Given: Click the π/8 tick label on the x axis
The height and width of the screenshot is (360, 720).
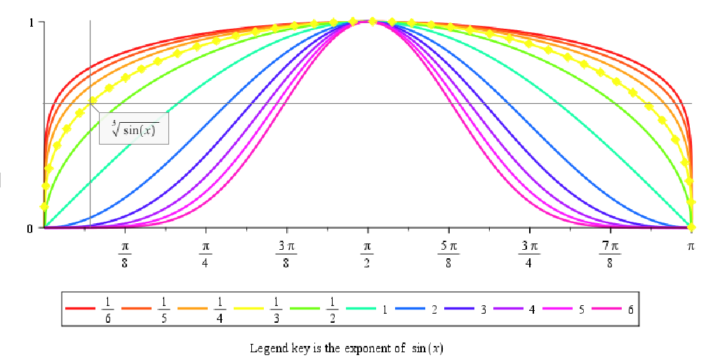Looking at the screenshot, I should pos(125,255).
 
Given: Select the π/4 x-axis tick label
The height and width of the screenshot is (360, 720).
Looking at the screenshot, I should pos(206,255).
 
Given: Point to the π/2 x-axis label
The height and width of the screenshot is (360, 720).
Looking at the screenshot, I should pos(366,255).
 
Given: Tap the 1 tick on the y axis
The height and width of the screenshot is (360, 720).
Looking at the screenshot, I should pos(32,22).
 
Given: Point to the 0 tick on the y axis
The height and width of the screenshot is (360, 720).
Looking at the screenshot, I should pos(31,228).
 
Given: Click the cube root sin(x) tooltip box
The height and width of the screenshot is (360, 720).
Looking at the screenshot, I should pos(134,128).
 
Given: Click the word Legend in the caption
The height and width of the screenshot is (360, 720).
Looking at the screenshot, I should pos(265,348).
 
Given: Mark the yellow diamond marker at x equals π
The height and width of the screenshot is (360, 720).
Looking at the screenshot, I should pos(691,227).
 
